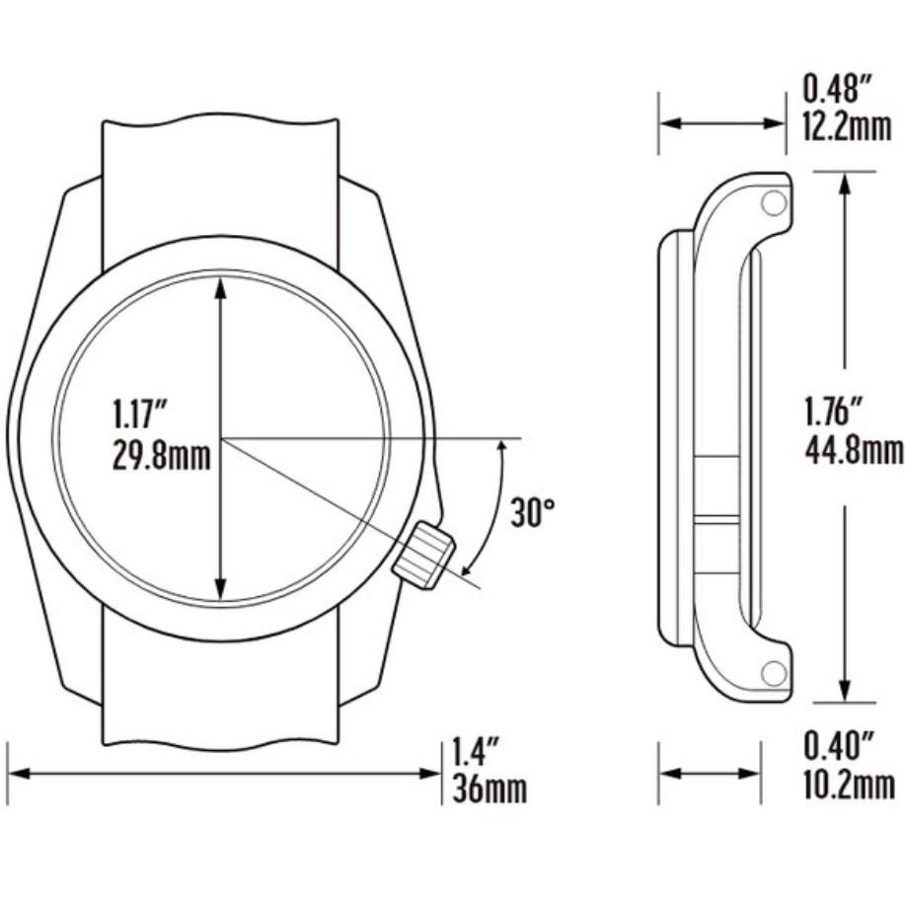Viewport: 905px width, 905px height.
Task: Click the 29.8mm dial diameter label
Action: (161, 458)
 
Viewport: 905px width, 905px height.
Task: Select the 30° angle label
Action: (533, 513)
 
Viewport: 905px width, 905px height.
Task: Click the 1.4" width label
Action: (473, 753)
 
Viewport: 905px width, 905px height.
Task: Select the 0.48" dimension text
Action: (837, 91)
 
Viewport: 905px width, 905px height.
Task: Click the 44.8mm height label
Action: (853, 451)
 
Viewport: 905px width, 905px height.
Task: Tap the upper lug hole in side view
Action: (773, 202)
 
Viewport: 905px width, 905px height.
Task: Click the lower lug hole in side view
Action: (773, 673)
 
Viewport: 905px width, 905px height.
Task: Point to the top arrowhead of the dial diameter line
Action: (221, 286)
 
